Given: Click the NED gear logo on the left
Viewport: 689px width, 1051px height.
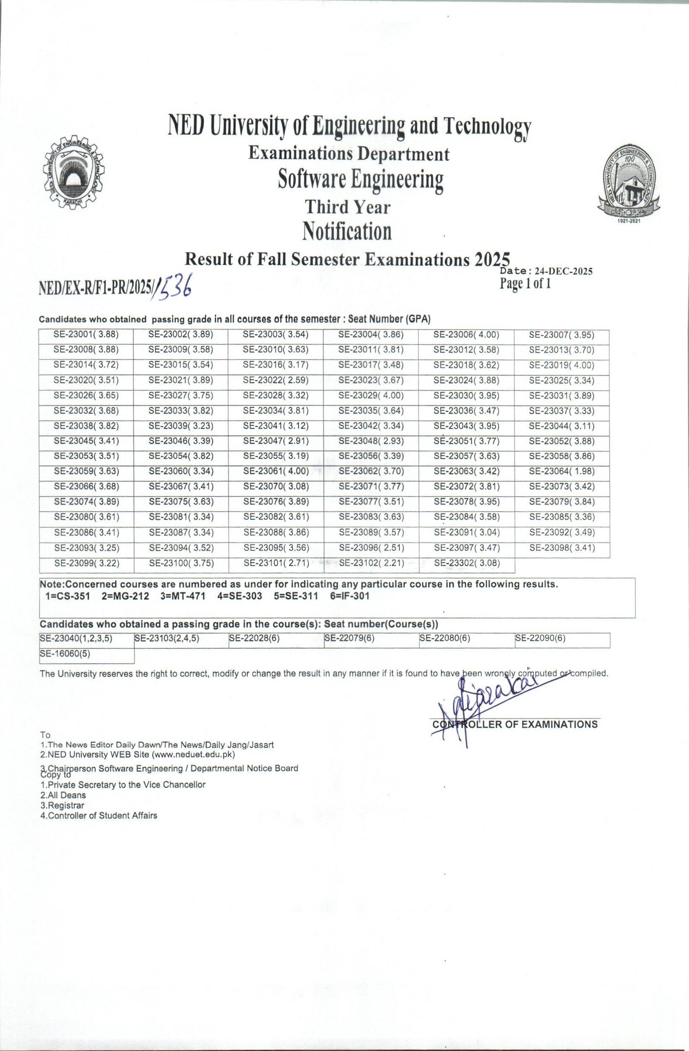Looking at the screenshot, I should click(75, 176).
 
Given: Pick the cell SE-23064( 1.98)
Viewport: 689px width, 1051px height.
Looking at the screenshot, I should click(562, 471).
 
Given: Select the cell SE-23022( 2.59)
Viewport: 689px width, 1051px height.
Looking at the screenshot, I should click(276, 380).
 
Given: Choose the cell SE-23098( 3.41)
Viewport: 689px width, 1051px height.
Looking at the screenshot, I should click(562, 548).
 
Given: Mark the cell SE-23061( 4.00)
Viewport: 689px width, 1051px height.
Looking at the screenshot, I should click(276, 471).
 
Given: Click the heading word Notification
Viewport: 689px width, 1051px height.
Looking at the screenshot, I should click(347, 232).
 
